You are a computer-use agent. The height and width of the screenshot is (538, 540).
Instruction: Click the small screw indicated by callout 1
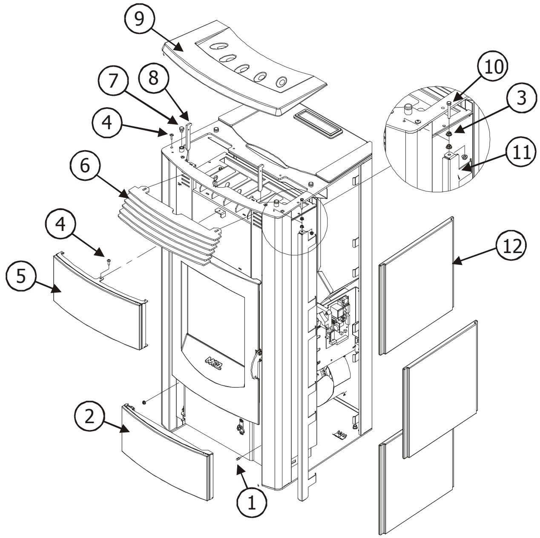pyautogui.click(x=239, y=459)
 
